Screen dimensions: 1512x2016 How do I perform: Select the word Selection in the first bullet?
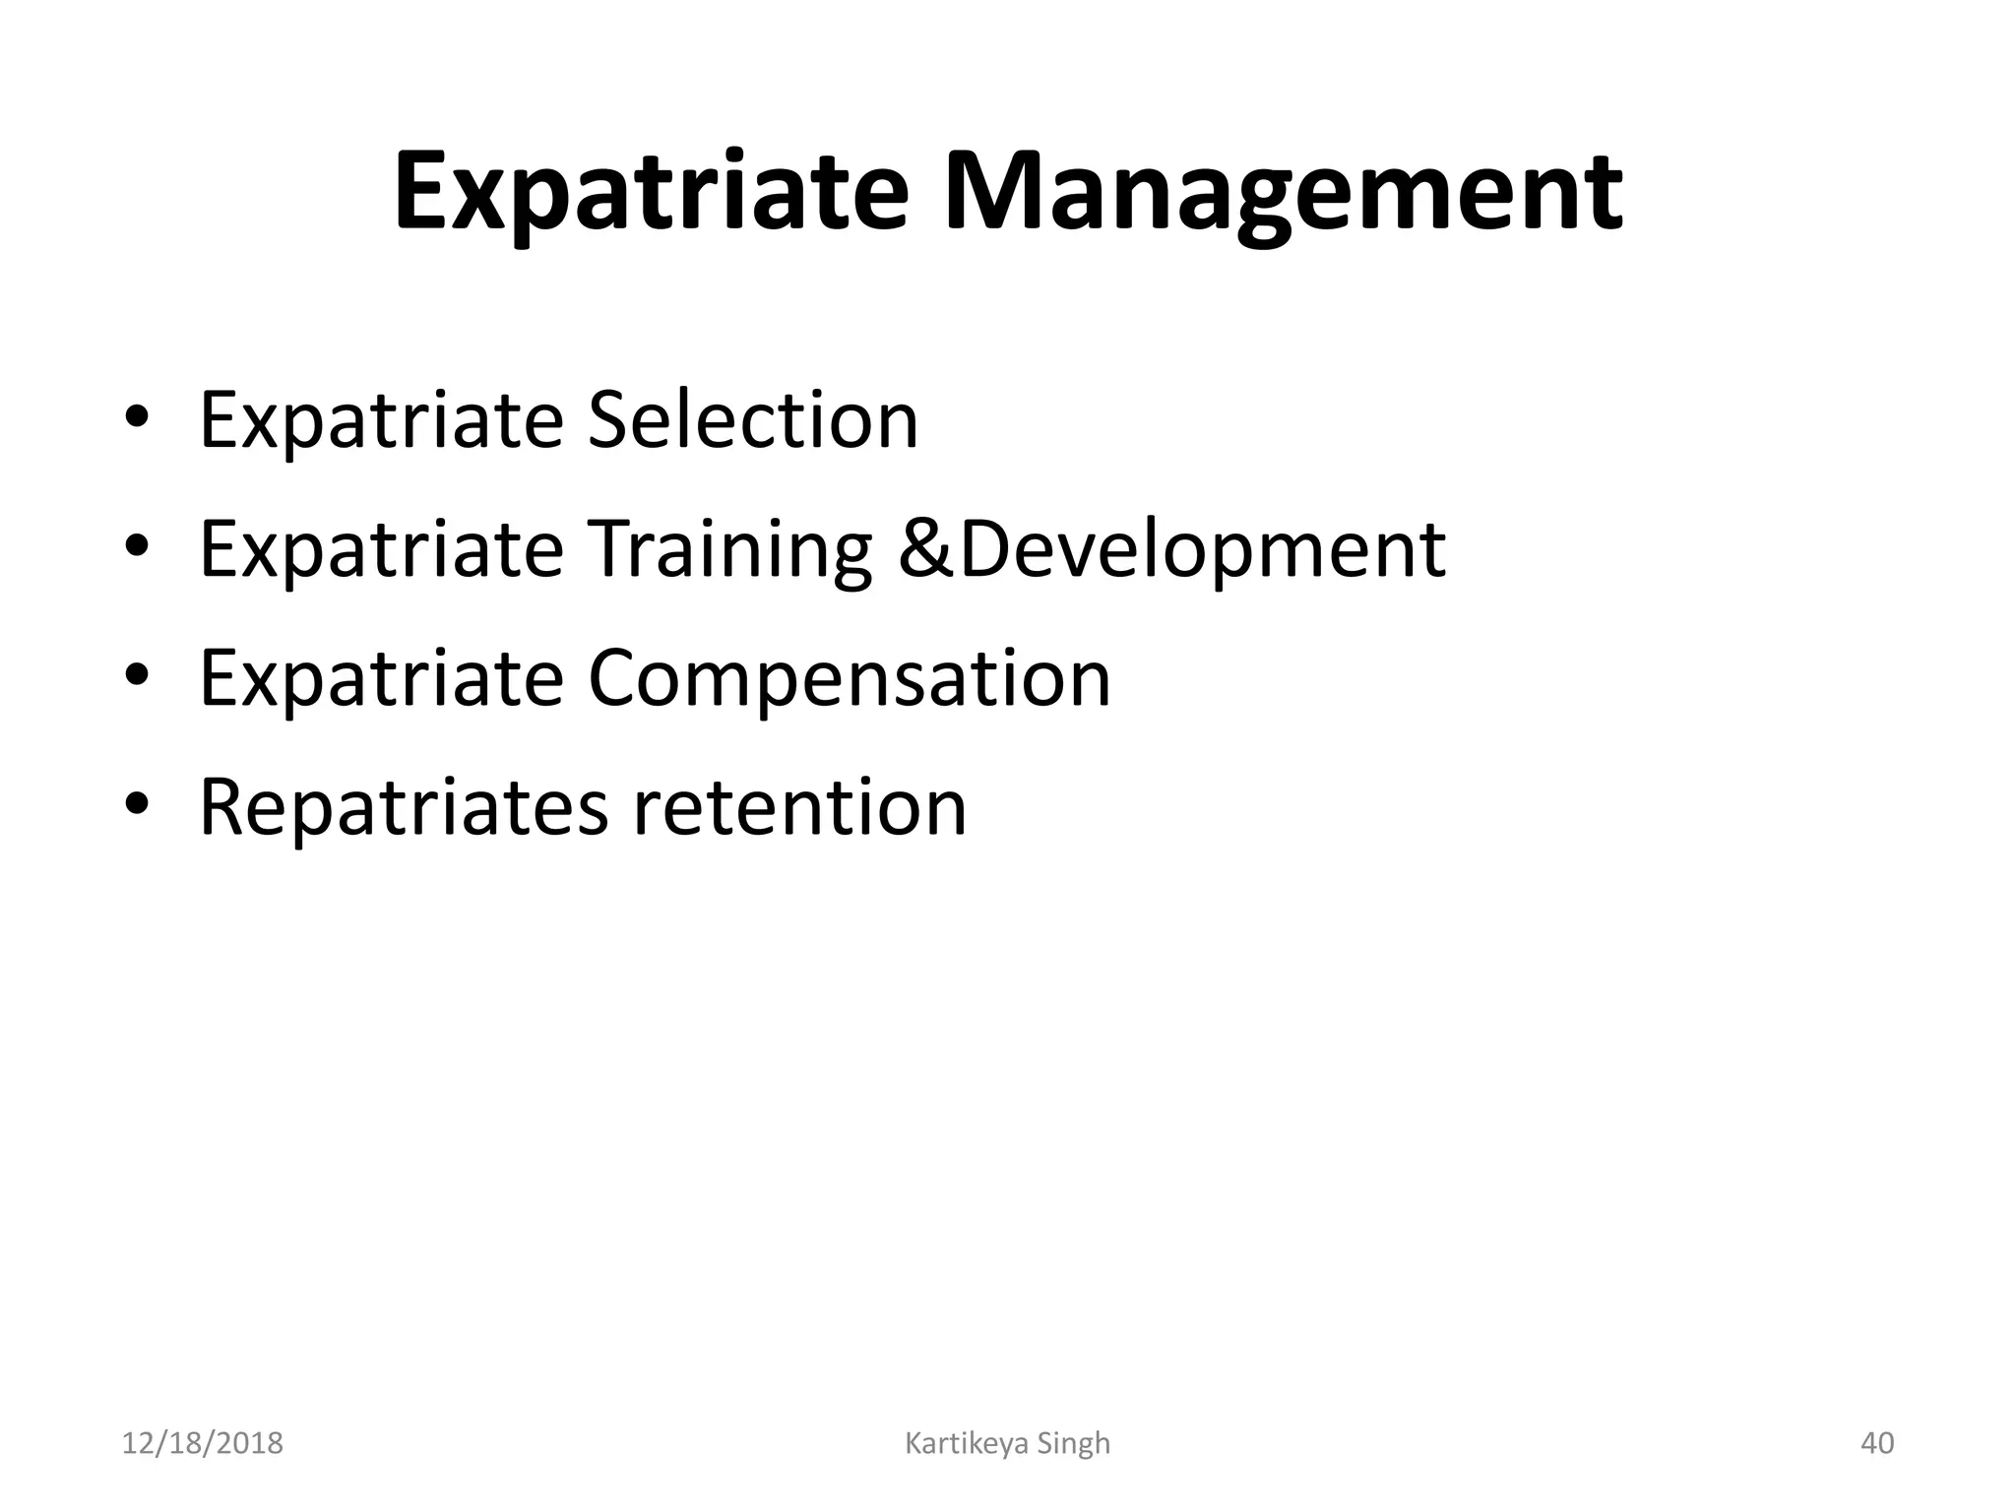(x=753, y=420)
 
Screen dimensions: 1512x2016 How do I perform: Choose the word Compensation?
(x=850, y=678)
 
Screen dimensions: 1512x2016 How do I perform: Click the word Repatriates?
(x=404, y=807)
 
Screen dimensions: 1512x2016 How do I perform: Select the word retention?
(x=799, y=807)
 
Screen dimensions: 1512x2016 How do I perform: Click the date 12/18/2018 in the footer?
(x=203, y=1443)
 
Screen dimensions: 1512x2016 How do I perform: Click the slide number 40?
(x=1877, y=1443)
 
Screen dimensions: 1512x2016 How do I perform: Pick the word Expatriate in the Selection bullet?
(x=381, y=420)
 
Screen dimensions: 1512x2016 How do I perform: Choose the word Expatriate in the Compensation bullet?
(x=381, y=678)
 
